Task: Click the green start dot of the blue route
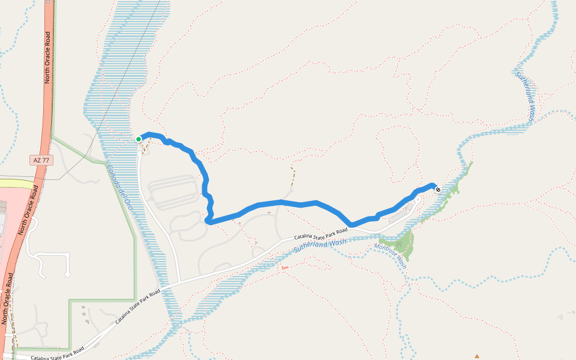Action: point(139,139)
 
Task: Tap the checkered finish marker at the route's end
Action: point(438,190)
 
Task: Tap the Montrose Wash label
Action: point(391,256)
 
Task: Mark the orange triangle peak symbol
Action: point(477,356)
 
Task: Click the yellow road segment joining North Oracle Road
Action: point(17,182)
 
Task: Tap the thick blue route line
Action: point(282,203)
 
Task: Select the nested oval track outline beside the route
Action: point(173,193)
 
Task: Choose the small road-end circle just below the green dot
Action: point(139,154)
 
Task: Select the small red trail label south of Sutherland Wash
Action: point(284,267)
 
